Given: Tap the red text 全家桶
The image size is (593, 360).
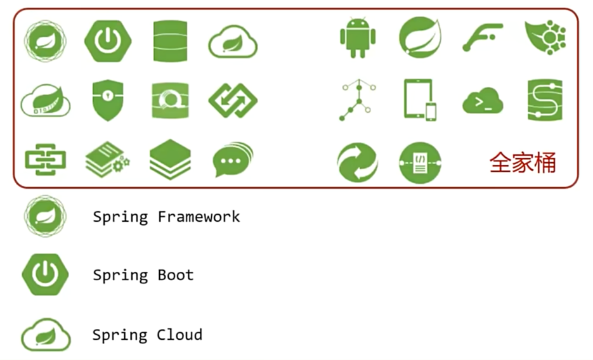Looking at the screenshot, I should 523,162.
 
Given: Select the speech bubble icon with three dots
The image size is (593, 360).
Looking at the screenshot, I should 232,160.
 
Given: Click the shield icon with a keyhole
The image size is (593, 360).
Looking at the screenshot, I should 107,100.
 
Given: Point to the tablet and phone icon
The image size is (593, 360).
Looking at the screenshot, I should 420,100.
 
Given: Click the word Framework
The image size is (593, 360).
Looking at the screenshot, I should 199,217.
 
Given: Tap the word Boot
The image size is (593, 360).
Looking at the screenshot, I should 176,275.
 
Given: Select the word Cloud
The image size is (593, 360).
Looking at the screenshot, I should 180,334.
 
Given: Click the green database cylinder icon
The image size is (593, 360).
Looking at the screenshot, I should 170,41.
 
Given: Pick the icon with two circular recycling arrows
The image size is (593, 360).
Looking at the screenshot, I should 357,162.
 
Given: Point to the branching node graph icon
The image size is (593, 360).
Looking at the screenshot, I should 358,100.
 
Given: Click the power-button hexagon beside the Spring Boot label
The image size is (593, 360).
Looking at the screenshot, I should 45,275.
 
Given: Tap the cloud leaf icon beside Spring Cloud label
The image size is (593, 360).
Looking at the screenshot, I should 46,335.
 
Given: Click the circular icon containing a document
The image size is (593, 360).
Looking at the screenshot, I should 420,163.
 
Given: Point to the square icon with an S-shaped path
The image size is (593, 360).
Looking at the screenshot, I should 545,100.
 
